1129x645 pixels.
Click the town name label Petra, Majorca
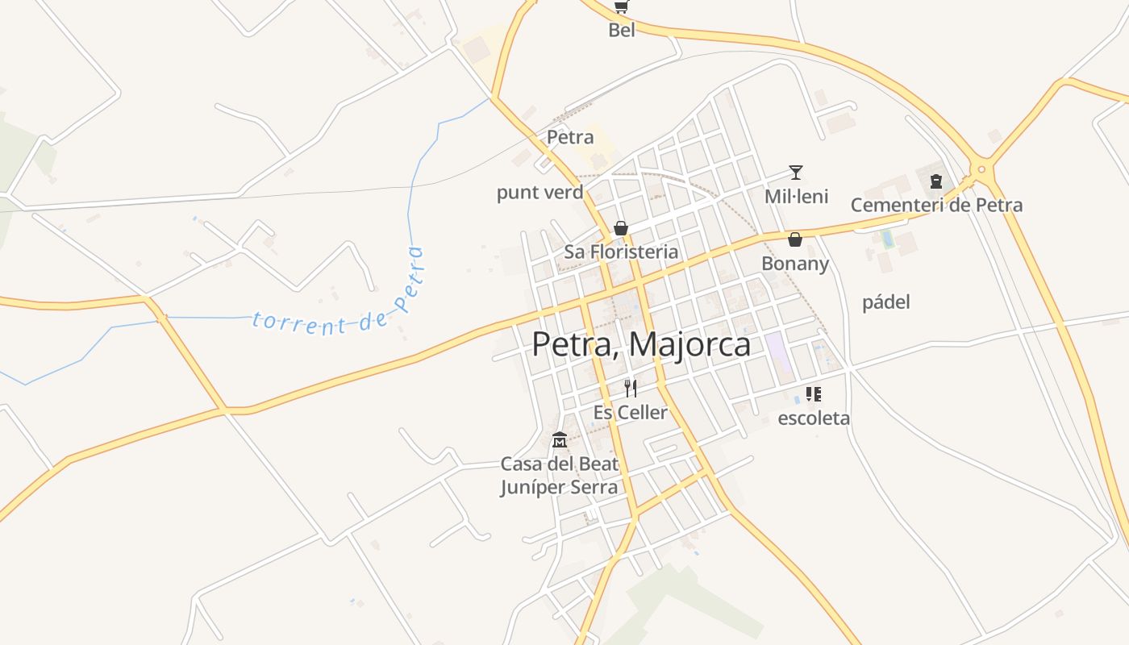(641, 344)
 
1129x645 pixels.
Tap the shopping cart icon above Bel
(621, 7)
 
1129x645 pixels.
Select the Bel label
(622, 31)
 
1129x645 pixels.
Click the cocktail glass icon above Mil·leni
(796, 173)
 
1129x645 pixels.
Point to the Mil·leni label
(796, 197)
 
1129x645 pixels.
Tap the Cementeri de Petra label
(936, 205)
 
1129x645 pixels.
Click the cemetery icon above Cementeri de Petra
(936, 181)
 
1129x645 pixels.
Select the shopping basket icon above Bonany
(795, 239)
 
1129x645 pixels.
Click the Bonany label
(795, 264)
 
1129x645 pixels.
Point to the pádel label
(886, 302)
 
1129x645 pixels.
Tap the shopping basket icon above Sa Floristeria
(621, 228)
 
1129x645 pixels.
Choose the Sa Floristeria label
(621, 252)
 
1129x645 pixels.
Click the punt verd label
(540, 193)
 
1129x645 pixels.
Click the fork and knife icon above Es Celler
(631, 389)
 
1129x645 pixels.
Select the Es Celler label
(631, 413)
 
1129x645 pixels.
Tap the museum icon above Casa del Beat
(559, 440)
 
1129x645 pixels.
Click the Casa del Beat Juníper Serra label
(560, 476)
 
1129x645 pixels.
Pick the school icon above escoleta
(814, 394)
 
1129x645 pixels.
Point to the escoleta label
(814, 418)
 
